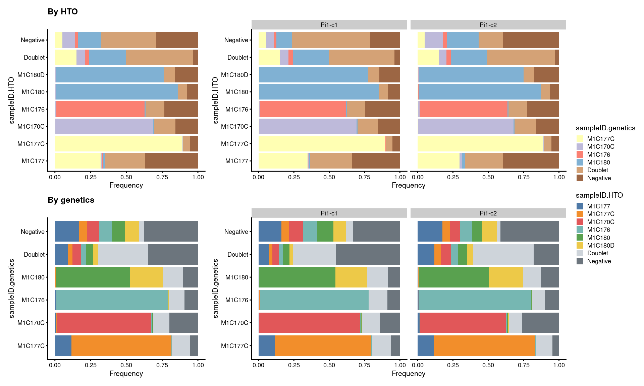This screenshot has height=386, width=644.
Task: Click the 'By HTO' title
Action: click(63, 12)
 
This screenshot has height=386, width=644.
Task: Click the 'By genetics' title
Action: click(71, 200)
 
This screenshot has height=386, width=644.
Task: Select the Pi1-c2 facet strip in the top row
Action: click(488, 25)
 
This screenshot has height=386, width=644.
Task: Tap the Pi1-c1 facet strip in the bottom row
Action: click(329, 213)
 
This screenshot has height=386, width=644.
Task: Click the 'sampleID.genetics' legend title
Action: click(605, 128)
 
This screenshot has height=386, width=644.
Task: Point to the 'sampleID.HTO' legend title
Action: click(599, 195)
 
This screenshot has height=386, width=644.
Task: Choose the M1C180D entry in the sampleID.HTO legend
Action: click(600, 245)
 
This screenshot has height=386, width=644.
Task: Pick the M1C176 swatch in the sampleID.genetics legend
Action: click(580, 154)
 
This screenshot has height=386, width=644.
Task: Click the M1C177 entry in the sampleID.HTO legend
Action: click(598, 206)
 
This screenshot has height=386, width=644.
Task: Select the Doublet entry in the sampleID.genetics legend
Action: click(597, 170)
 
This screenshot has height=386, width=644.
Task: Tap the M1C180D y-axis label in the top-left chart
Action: click(31, 75)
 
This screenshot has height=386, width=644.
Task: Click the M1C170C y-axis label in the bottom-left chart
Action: click(31, 323)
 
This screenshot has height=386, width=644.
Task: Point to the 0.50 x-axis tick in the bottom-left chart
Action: click(126, 365)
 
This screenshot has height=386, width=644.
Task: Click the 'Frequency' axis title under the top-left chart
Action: click(126, 185)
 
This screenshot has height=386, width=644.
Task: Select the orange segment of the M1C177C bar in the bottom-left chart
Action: click(121, 345)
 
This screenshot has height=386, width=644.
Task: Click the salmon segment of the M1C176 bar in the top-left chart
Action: click(100, 109)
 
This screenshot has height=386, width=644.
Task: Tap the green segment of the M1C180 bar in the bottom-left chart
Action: click(93, 277)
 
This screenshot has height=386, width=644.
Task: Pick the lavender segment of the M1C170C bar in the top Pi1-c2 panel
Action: click(466, 126)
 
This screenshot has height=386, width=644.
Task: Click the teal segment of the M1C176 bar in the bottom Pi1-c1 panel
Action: click(314, 300)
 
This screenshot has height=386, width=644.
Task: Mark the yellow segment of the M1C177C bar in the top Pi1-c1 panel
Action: click(322, 144)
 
